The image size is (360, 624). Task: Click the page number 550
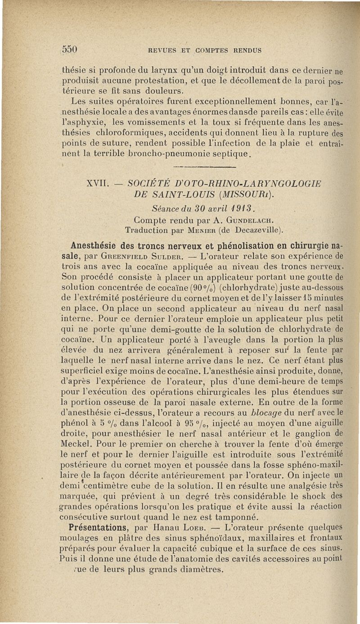[x=70, y=49]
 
